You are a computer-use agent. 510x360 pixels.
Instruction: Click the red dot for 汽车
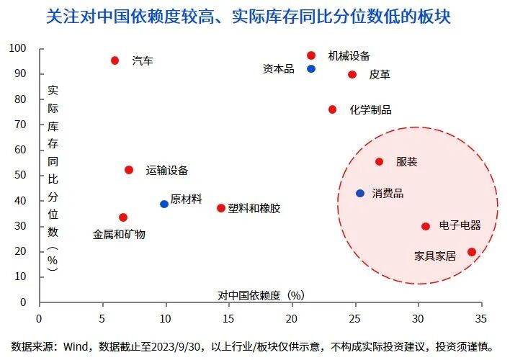point(115,60)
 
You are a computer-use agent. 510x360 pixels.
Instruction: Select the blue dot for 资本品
point(311,69)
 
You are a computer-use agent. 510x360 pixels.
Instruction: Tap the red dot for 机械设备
point(311,55)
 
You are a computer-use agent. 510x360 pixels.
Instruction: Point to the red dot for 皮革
point(352,74)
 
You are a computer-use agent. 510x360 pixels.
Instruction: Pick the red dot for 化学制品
point(332,109)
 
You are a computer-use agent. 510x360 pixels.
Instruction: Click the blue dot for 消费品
point(360,194)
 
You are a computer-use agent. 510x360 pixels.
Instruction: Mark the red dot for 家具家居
point(472,252)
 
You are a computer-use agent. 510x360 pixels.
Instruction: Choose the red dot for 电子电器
point(426,226)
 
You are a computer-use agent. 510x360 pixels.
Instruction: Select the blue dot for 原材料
point(164,204)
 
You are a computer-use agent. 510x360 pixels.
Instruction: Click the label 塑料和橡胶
point(254,208)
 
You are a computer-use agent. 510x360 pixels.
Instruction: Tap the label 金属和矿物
point(120,234)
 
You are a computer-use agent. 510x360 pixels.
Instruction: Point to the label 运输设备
point(167,170)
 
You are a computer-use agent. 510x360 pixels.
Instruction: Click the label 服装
point(407,161)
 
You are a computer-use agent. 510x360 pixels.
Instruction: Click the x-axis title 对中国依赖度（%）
point(261,294)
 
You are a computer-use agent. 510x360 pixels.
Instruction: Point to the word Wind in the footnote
point(75,346)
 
